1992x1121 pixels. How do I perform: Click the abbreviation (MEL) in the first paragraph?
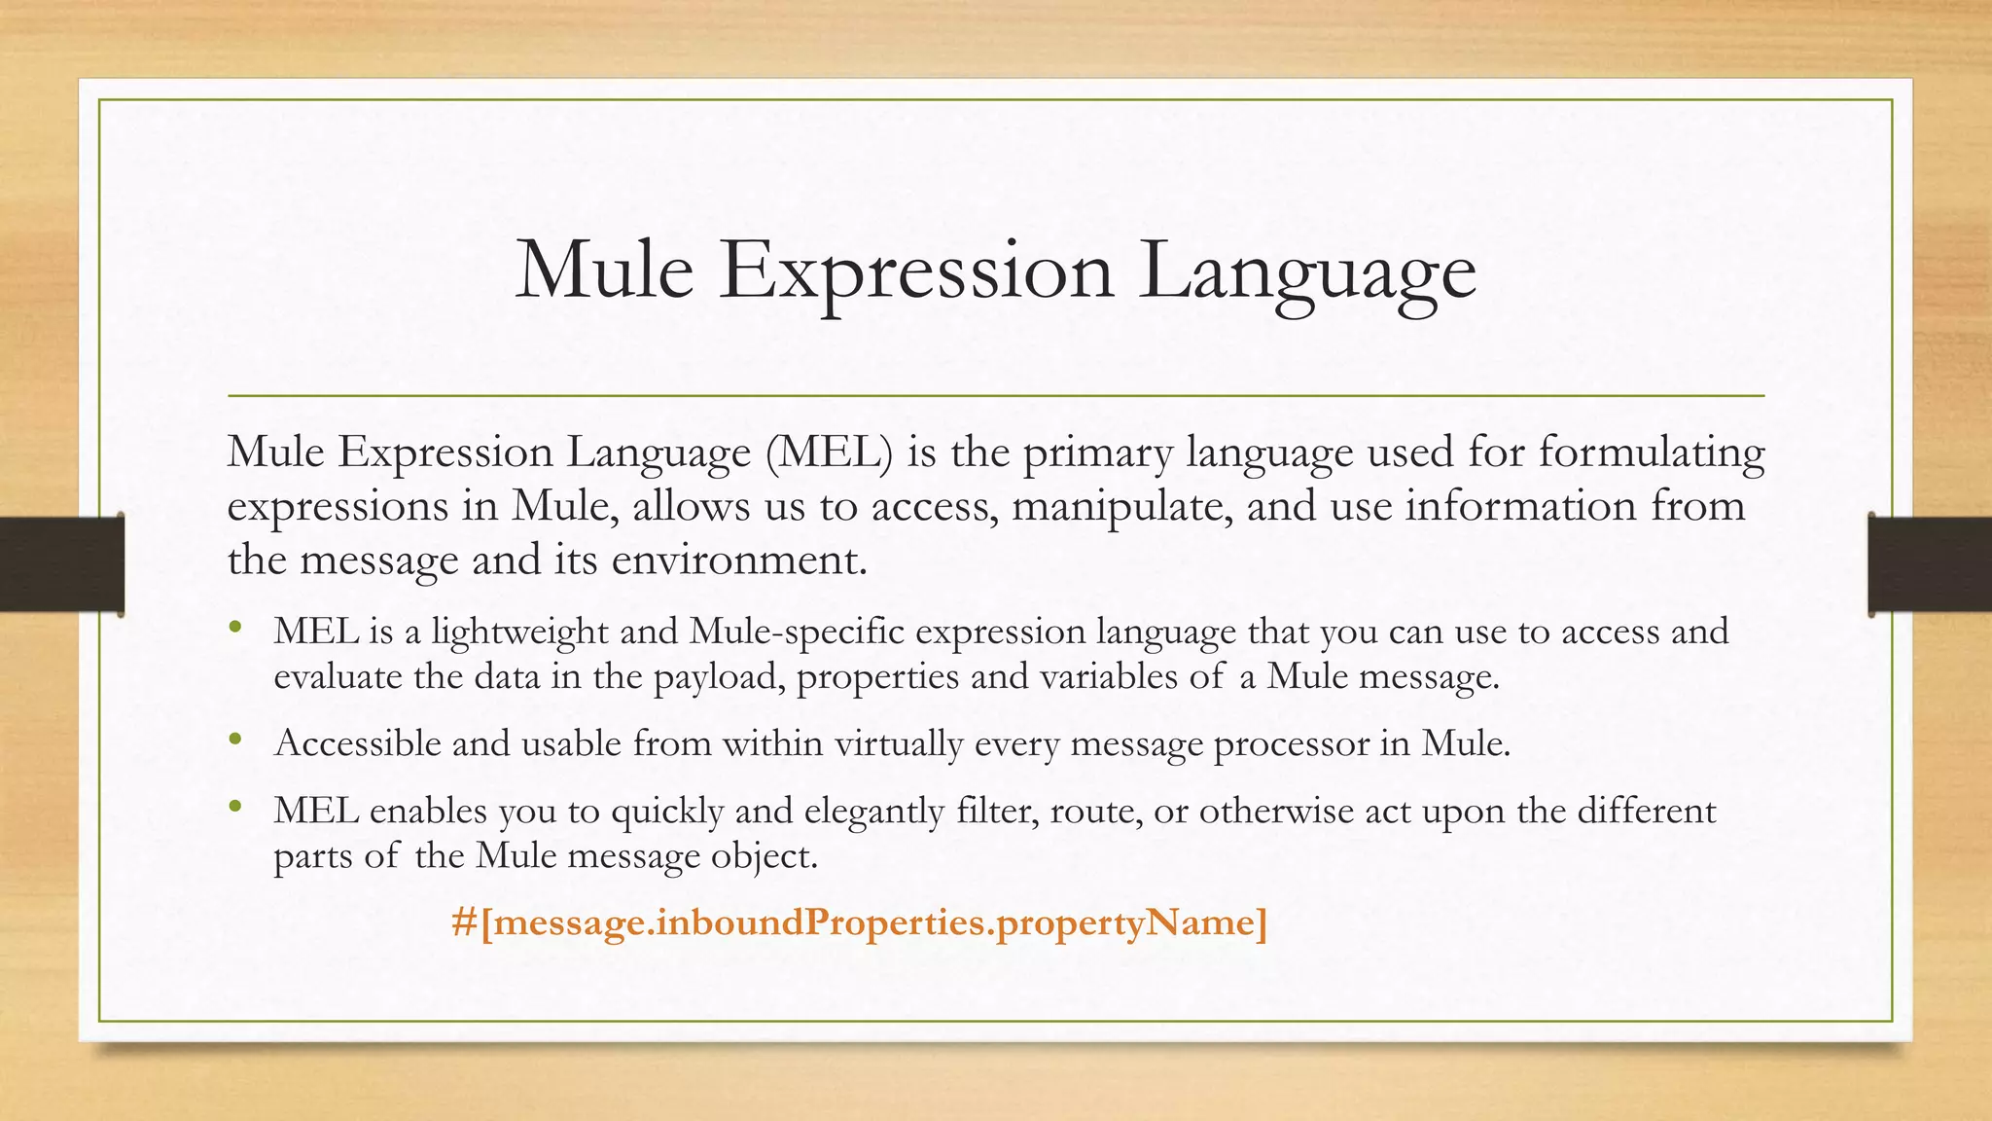[829, 453]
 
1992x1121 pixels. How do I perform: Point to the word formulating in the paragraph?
[1652, 453]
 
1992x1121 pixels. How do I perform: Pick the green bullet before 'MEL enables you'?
[234, 806]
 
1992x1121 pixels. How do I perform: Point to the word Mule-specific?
[797, 633]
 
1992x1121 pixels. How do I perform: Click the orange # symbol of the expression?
[464, 922]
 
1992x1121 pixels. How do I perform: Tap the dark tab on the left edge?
[61, 564]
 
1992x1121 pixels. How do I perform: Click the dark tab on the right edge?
[1930, 564]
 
